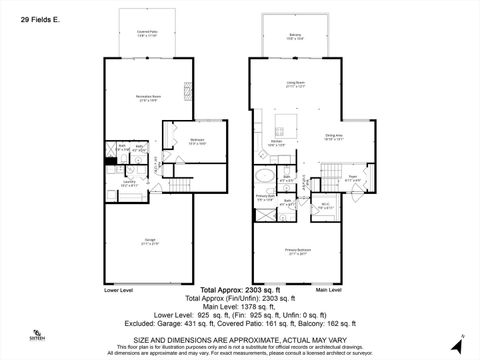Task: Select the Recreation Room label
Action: tap(150, 97)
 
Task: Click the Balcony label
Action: tap(295, 36)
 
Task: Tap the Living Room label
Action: tap(295, 85)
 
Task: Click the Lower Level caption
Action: tap(119, 290)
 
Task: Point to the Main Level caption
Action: tap(328, 290)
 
